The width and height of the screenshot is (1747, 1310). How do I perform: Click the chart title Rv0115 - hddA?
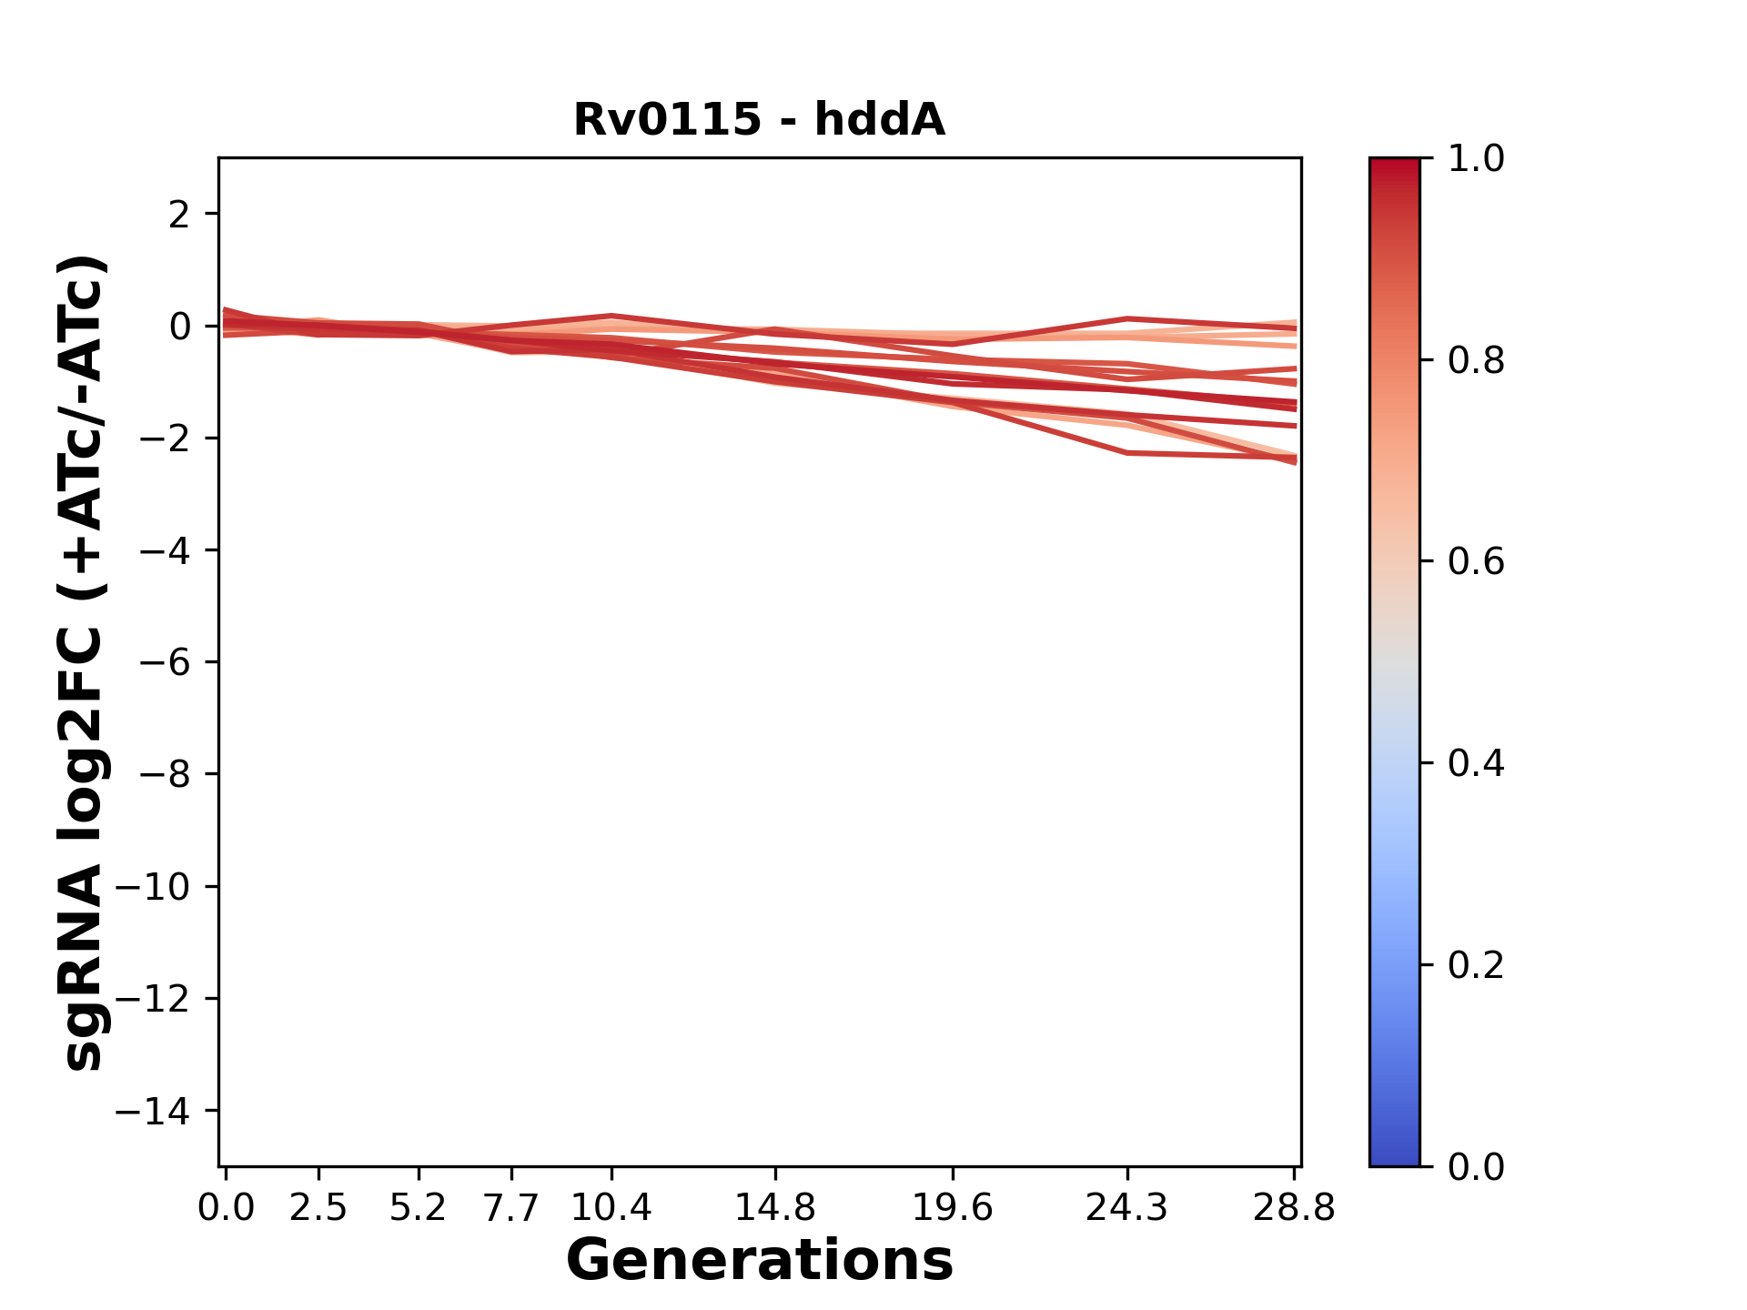click(759, 120)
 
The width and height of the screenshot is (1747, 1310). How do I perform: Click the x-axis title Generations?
click(759, 1261)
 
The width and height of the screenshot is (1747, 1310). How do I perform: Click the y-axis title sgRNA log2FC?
click(84, 662)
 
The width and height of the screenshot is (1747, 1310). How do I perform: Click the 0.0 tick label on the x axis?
click(226, 1208)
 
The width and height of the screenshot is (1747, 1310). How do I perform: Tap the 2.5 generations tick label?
click(318, 1208)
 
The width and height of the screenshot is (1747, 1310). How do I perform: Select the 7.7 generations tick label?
click(511, 1208)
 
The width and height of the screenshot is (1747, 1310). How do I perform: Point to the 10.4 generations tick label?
click(611, 1208)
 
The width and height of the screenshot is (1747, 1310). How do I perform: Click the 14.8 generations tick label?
click(775, 1208)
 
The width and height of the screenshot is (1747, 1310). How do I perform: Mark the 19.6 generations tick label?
click(953, 1208)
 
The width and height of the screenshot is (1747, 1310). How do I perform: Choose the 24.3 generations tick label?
click(1127, 1208)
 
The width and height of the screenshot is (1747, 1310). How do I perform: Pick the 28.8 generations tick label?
click(1294, 1208)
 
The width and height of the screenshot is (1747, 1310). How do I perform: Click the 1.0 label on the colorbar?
click(1476, 159)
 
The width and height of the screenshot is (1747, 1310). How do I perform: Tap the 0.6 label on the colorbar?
click(1476, 562)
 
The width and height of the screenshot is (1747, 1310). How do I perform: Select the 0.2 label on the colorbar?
click(1476, 965)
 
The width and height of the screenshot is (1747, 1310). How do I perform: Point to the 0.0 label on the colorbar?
click(1476, 1167)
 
